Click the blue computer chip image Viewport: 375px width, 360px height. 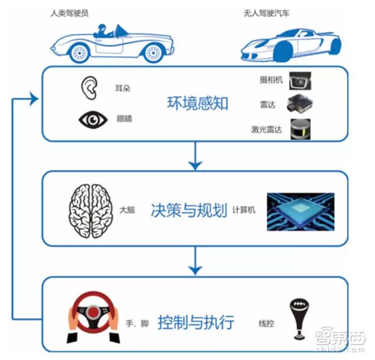coord(301,211)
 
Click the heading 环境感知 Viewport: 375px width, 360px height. coord(197,104)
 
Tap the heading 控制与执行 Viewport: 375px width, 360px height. coord(196,322)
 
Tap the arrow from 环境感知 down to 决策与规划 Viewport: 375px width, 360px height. coord(196,156)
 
